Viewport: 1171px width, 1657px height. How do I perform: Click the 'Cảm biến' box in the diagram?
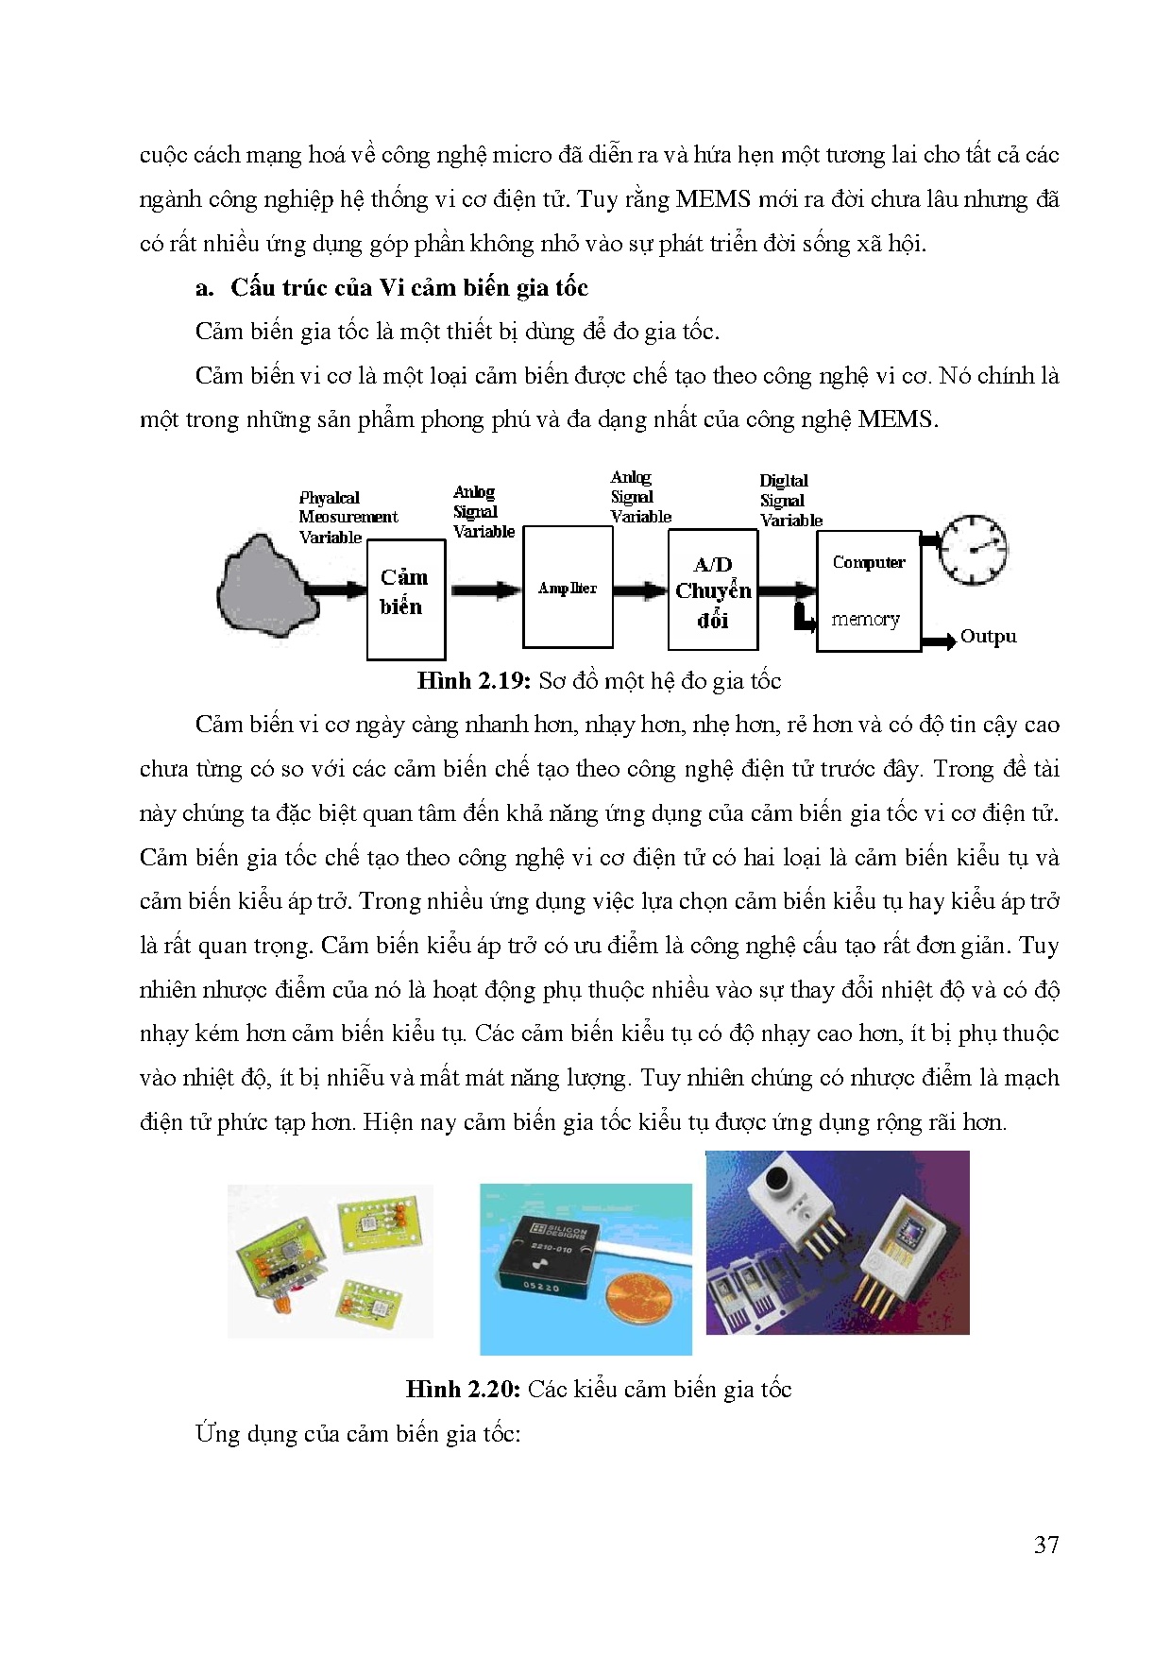point(405,598)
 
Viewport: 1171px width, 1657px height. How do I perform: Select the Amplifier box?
point(567,588)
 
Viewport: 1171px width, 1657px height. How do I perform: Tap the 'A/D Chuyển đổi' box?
point(712,591)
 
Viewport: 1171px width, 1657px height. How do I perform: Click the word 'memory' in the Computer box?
point(865,619)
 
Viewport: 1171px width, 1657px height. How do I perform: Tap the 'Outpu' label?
point(988,637)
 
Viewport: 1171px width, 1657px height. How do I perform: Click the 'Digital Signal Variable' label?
point(789,501)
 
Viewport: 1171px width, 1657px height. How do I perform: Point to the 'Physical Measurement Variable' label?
point(347,517)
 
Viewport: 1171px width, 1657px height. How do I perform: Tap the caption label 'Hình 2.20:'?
point(463,1390)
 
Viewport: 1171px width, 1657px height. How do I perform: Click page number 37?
point(1045,1545)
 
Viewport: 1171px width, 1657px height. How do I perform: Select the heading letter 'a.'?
point(204,288)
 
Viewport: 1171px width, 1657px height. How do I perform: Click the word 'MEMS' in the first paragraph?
point(713,199)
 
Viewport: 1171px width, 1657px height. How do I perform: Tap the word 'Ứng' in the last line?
point(216,1434)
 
